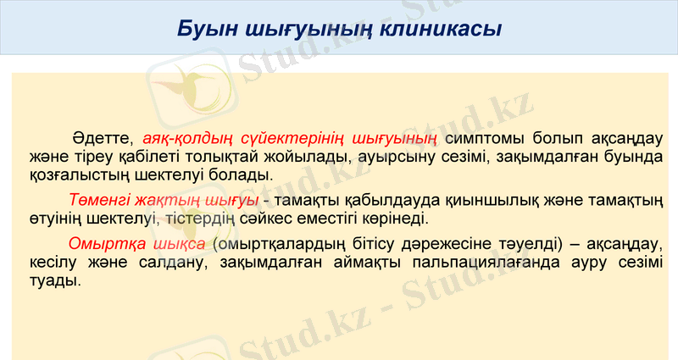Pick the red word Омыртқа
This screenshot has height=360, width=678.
(x=103, y=243)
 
